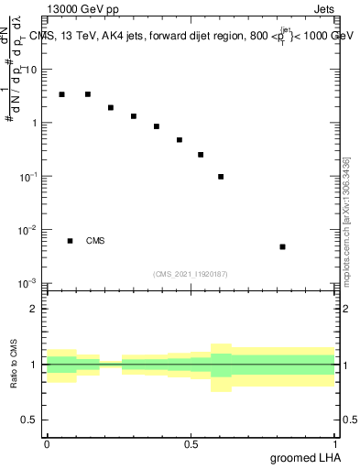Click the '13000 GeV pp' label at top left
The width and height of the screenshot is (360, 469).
coord(82,12)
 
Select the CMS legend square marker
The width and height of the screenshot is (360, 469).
coord(70,241)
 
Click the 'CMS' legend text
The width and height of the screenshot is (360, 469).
coord(95,241)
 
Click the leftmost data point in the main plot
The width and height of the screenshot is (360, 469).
coord(61,94)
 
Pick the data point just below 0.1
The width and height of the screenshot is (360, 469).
coord(221,177)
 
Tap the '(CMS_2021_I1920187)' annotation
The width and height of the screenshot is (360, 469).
coord(190,274)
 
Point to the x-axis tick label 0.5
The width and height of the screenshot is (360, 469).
coord(191,442)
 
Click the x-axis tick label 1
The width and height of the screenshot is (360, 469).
coord(334,442)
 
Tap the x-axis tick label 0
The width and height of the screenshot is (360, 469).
coord(47,442)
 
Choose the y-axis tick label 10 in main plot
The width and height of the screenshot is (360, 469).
coord(31,70)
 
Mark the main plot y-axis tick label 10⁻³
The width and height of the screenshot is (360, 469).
coord(29,283)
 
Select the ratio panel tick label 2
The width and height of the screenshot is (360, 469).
coord(34,309)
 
